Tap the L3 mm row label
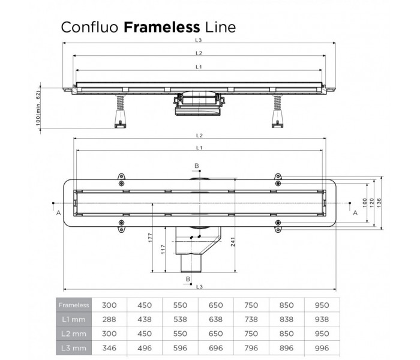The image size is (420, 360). tap(74, 347)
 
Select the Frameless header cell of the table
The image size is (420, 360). tap(74, 305)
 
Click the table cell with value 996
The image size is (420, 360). tap(322, 347)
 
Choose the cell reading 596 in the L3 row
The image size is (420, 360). tap(181, 347)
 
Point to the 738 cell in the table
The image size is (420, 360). tap(251, 320)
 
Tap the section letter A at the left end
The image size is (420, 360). tap(58, 213)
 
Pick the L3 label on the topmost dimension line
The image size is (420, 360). tap(198, 40)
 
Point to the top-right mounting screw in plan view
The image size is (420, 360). tap(278, 182)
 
